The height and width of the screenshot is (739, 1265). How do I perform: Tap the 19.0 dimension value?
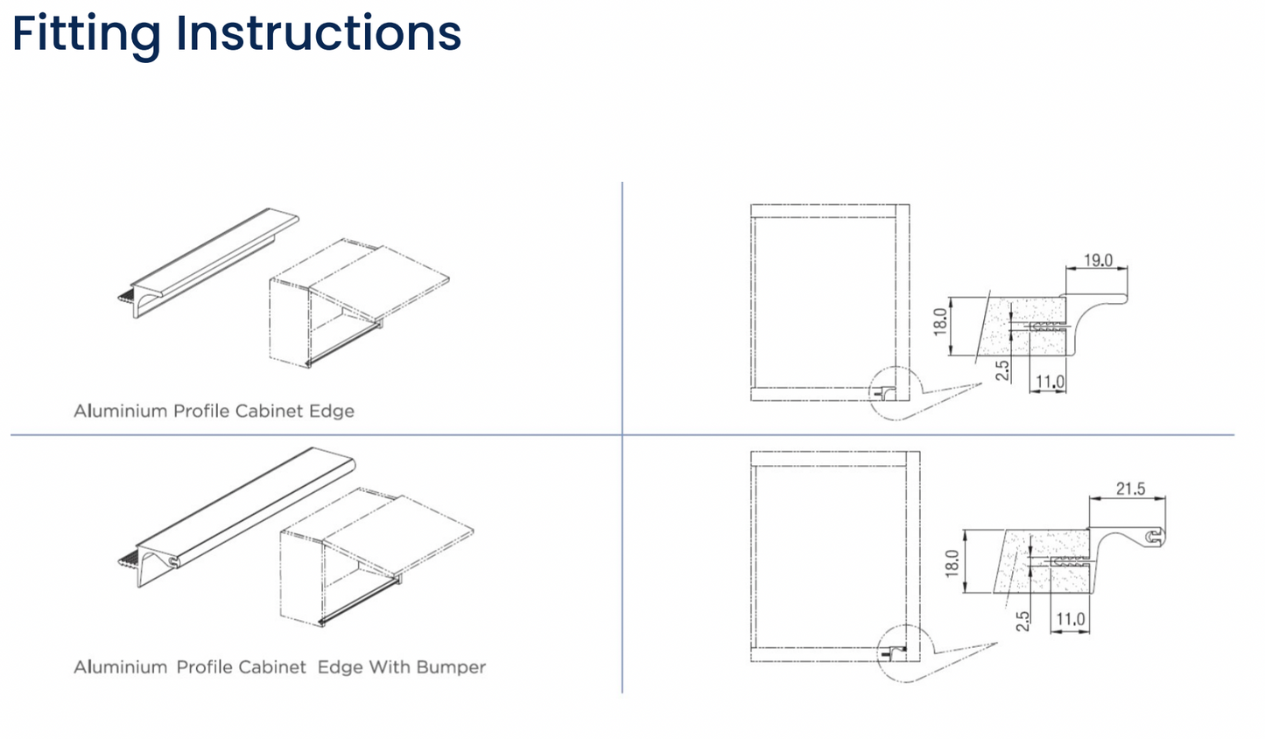pyautogui.click(x=1098, y=260)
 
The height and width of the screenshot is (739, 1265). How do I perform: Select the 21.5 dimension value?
pyautogui.click(x=1130, y=489)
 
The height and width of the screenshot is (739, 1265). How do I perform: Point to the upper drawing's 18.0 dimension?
pyautogui.click(x=940, y=322)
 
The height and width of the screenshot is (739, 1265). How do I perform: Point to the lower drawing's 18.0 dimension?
pyautogui.click(x=952, y=562)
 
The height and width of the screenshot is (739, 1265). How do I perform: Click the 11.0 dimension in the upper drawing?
pyautogui.click(x=1049, y=382)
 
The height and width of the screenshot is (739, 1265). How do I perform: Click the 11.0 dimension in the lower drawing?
pyautogui.click(x=1070, y=619)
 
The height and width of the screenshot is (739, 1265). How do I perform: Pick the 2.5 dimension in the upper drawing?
pyautogui.click(x=1003, y=370)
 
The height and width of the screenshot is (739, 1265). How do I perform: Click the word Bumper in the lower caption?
pyautogui.click(x=451, y=667)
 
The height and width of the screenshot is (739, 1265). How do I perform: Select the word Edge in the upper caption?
pyautogui.click(x=331, y=411)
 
